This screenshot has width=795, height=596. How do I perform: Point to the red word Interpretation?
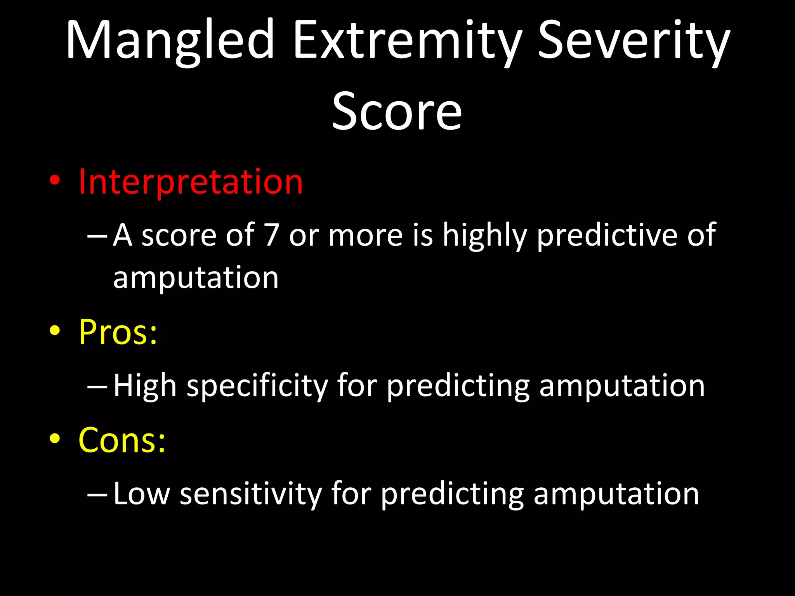pyautogui.click(x=190, y=182)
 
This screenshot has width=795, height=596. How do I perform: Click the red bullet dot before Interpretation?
pyautogui.click(x=55, y=180)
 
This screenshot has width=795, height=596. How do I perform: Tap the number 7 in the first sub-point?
pyautogui.click(x=271, y=235)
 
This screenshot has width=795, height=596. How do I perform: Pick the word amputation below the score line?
pyautogui.click(x=196, y=279)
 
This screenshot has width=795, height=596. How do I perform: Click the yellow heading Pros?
pyautogui.click(x=118, y=332)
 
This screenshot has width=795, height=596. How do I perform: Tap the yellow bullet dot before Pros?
pyautogui.click(x=55, y=331)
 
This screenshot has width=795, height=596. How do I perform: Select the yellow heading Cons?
pyautogui.click(x=122, y=440)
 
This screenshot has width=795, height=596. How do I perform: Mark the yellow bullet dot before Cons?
pyautogui.click(x=55, y=438)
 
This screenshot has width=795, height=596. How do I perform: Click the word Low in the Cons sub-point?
pyautogui.click(x=142, y=494)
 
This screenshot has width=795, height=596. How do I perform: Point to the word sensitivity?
pyautogui.click(x=250, y=494)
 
